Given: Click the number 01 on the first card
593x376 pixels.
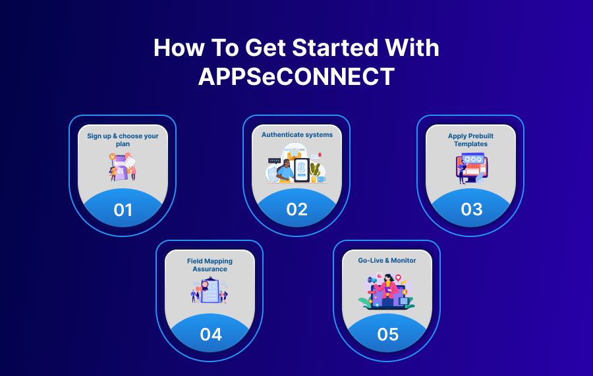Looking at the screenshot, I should pyautogui.click(x=123, y=209).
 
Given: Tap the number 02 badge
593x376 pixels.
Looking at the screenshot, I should pyautogui.click(x=297, y=209).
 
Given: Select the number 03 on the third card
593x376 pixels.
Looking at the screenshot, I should pyautogui.click(x=471, y=209).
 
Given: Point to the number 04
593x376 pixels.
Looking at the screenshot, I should pyautogui.click(x=211, y=334).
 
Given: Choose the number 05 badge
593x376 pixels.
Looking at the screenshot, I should pyautogui.click(x=387, y=334).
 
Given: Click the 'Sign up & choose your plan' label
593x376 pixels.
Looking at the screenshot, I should pyautogui.click(x=123, y=140).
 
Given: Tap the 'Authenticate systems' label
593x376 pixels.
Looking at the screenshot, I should pyautogui.click(x=297, y=135).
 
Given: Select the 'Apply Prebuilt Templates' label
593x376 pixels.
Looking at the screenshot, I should pyautogui.click(x=470, y=140).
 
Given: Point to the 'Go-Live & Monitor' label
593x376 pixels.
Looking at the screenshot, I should pyautogui.click(x=387, y=261).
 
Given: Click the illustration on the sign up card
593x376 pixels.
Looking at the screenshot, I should pyautogui.click(x=122, y=167).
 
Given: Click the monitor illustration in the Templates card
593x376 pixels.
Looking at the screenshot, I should pyautogui.click(x=472, y=167).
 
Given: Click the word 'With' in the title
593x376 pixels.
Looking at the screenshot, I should pyautogui.click(x=412, y=48).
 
